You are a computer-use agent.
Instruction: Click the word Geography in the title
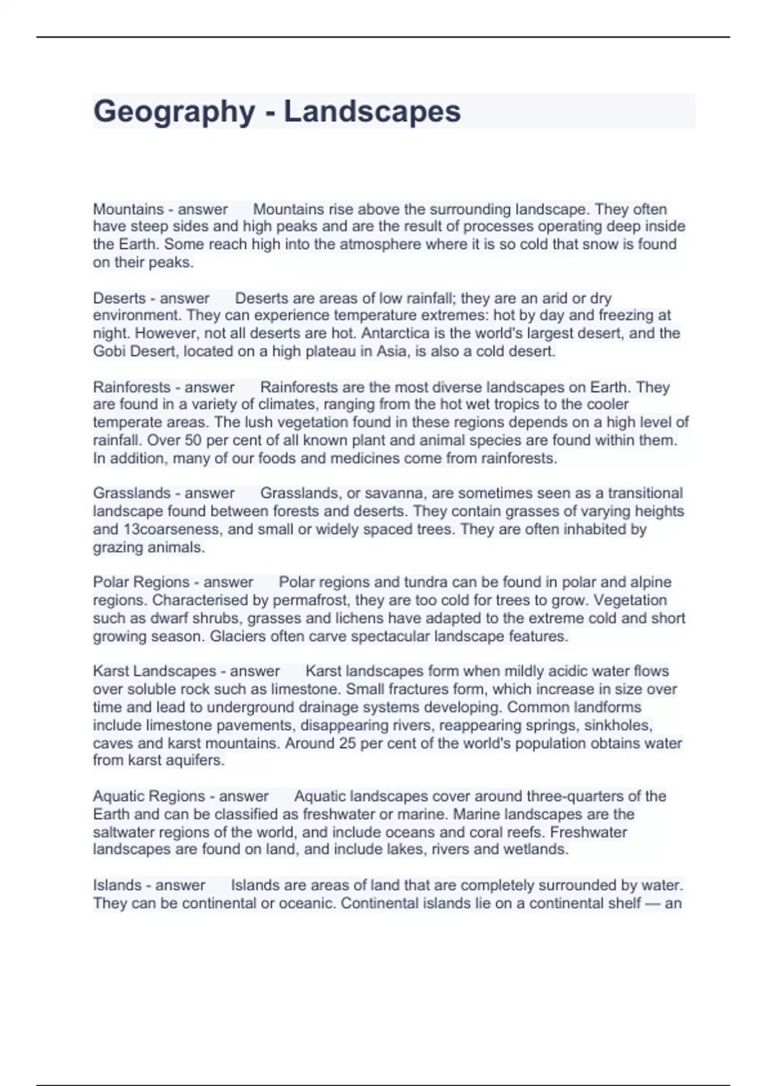coord(174,112)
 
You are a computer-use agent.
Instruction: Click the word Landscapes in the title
coord(372,112)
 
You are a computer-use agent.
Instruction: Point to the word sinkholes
coord(619,726)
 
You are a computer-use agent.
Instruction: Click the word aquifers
coord(194,761)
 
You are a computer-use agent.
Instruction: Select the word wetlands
coord(534,850)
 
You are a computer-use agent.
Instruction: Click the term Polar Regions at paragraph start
coord(140,583)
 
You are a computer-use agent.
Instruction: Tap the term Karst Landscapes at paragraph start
coord(155,671)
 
